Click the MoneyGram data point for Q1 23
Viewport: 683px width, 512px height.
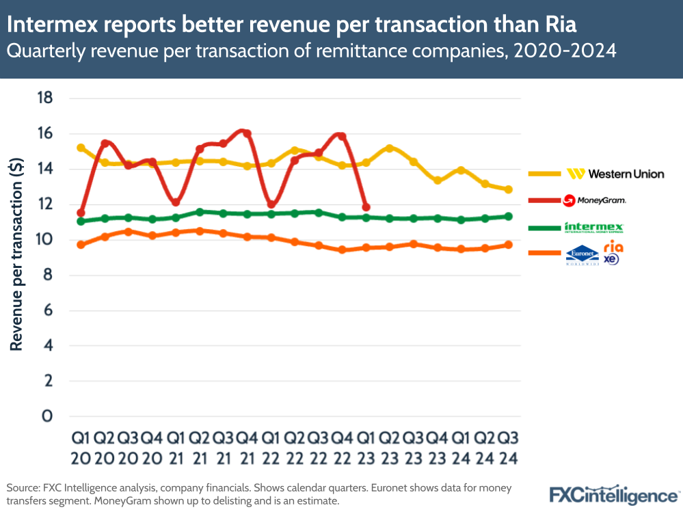point(366,207)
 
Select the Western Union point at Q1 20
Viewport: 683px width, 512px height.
point(81,148)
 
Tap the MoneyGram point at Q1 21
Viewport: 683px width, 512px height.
point(176,202)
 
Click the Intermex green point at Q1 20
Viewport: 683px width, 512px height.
point(81,221)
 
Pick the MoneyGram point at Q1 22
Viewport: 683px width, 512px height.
point(271,204)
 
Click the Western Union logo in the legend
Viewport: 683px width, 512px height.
point(615,174)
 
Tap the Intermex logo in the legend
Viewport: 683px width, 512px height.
point(593,227)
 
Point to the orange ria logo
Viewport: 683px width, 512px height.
point(613,247)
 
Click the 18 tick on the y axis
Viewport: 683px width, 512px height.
point(44,98)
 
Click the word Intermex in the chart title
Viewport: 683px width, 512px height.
point(54,25)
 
